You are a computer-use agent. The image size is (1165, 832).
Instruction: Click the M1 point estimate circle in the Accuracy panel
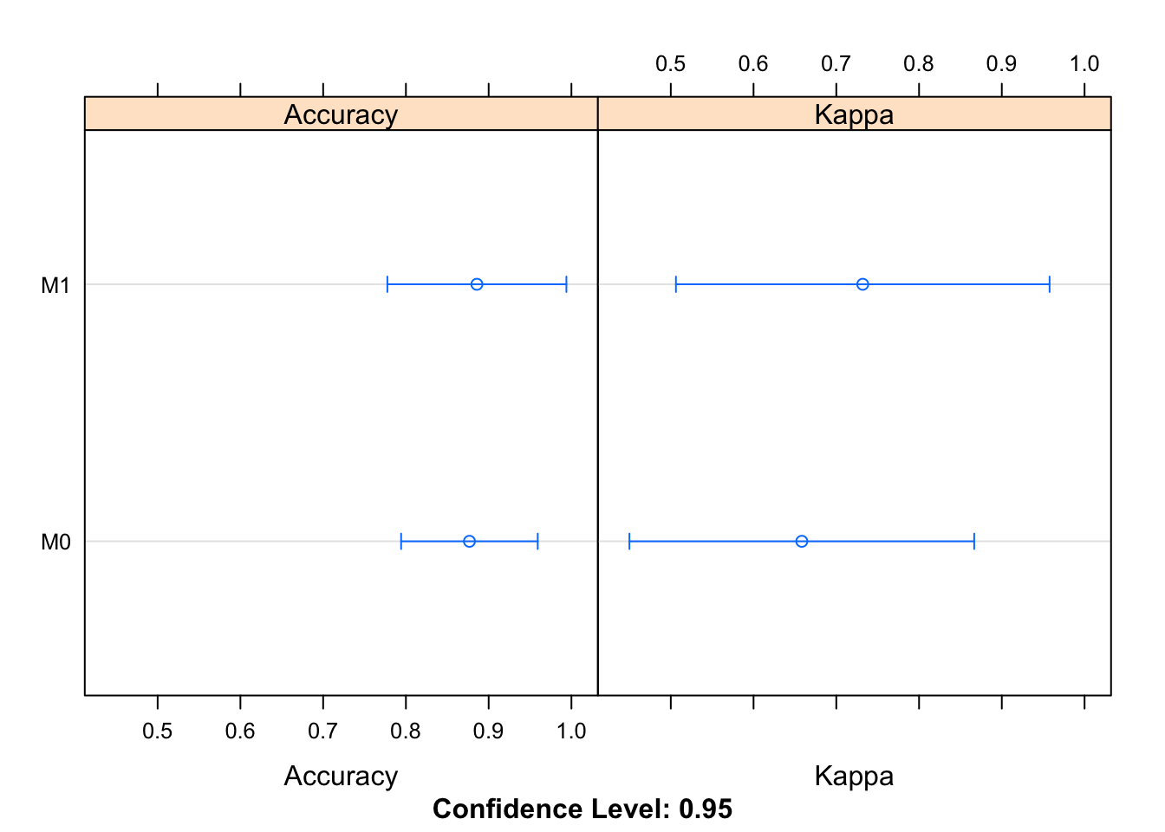pos(477,284)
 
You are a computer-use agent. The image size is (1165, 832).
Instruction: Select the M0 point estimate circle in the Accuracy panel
pos(469,542)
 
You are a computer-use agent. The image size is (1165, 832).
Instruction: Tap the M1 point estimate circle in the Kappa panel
pos(862,284)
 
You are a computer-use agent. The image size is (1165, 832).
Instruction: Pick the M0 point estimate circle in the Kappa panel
pos(802,542)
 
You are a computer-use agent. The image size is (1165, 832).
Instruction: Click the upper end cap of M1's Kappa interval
pos(1050,284)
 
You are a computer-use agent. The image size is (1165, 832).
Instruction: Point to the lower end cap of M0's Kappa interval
pos(629,542)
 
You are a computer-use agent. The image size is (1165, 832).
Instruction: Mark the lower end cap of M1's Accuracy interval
pos(387,284)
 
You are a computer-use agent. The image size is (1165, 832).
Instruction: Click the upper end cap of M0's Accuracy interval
pos(537,542)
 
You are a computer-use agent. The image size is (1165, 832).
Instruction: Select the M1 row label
pos(55,285)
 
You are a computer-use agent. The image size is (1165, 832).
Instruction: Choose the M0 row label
pos(55,543)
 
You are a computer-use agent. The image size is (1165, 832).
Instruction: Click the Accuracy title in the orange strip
pos(341,114)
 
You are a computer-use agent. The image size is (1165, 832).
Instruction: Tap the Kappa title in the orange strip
pos(854,114)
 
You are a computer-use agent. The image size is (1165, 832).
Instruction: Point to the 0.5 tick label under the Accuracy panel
pos(157,731)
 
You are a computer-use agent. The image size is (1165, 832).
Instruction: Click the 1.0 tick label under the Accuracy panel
pos(570,731)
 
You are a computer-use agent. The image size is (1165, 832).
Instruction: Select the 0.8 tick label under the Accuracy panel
pos(406,731)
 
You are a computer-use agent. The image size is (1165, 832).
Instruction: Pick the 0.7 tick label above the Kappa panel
pos(836,64)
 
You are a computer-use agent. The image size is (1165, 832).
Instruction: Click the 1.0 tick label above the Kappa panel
pos(1084,64)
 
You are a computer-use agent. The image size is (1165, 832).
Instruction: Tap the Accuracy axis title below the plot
pos(341,776)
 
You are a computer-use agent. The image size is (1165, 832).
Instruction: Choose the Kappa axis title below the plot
pos(854,776)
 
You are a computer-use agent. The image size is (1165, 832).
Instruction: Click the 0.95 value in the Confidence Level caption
pos(706,809)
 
